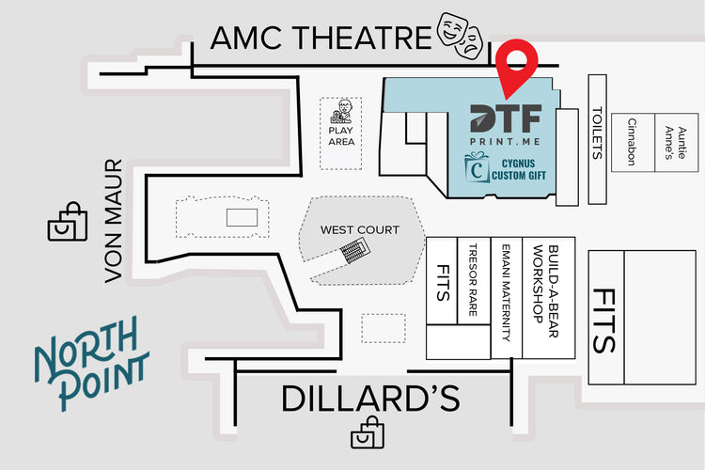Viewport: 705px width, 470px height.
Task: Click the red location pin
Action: click(517, 69)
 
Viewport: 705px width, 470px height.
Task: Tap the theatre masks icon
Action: click(460, 36)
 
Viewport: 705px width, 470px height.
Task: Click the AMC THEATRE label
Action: click(321, 38)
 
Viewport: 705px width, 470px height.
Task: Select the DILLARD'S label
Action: click(370, 398)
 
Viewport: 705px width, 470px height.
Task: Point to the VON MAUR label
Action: click(114, 220)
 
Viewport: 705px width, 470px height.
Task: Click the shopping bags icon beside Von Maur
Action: click(68, 221)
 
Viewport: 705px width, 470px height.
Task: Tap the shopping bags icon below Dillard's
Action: click(368, 432)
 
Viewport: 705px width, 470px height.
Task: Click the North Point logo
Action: click(92, 363)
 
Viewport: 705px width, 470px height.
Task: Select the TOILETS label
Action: click(597, 133)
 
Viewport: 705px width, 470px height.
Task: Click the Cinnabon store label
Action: click(632, 142)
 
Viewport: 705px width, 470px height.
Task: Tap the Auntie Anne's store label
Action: click(676, 143)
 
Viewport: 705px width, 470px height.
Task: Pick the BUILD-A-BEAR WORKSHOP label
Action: click(545, 291)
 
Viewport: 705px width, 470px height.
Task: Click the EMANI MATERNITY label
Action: click(507, 292)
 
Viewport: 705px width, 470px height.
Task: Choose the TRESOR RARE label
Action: click(473, 280)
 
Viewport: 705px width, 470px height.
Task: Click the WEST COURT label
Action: click(360, 229)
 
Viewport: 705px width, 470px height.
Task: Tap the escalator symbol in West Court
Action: click(354, 251)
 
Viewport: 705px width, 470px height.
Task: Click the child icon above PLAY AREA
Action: click(342, 112)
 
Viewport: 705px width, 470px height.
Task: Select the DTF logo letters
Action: click(506, 118)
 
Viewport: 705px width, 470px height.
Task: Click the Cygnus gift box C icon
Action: click(477, 167)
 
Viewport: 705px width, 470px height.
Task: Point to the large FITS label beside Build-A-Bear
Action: click(603, 321)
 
